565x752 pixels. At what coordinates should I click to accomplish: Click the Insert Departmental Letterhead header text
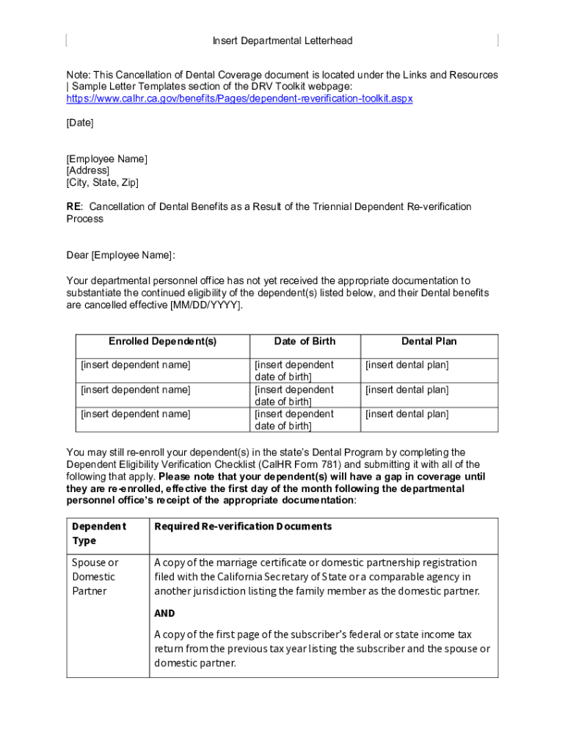(x=282, y=40)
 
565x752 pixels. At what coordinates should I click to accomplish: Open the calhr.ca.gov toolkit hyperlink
(x=239, y=98)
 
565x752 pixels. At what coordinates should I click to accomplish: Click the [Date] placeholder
(x=80, y=123)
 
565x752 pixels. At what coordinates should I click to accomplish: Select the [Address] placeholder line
(x=88, y=170)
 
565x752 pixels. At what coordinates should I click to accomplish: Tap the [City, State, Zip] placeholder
(x=102, y=182)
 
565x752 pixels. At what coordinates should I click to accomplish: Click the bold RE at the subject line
(x=74, y=206)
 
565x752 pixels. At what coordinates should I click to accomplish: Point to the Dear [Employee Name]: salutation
(x=121, y=256)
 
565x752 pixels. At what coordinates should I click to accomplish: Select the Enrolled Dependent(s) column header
(x=163, y=341)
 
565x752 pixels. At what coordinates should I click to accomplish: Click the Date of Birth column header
(x=305, y=341)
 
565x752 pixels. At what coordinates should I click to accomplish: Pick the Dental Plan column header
(x=429, y=341)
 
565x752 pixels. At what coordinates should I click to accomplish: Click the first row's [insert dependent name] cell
(x=136, y=365)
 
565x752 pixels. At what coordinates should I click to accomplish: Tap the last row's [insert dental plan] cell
(x=407, y=414)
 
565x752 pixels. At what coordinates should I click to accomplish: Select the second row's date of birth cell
(x=294, y=395)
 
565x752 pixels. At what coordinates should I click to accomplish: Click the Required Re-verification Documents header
(x=243, y=527)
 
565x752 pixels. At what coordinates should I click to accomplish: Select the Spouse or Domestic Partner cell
(x=95, y=576)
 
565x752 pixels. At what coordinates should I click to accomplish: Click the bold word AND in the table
(x=164, y=613)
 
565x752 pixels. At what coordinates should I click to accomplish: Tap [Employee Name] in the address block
(x=107, y=159)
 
